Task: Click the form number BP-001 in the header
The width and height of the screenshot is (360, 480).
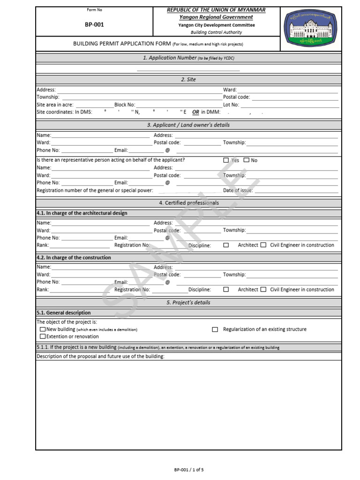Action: tap(94, 25)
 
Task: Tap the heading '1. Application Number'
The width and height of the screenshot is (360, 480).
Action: tap(169, 58)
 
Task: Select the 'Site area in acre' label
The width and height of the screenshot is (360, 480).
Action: tap(55, 105)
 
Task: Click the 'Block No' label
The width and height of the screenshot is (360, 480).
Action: tap(124, 105)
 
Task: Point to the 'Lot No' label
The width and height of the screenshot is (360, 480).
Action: tap(231, 105)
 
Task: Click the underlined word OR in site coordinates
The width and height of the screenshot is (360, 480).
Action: tap(195, 112)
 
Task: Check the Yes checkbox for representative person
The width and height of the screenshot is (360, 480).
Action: tap(226, 160)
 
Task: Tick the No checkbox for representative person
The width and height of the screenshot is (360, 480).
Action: tap(247, 160)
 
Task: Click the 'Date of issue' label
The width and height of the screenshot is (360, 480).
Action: tap(238, 190)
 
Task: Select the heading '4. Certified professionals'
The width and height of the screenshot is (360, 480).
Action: tap(188, 203)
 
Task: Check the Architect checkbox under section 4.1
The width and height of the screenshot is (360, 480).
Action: tap(226, 245)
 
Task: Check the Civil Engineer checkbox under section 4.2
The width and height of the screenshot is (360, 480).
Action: tap(263, 290)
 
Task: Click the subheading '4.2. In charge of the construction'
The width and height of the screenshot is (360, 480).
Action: tap(74, 258)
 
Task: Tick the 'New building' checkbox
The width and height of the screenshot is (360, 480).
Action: tap(43, 330)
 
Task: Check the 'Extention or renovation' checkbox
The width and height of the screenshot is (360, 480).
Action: tap(43, 337)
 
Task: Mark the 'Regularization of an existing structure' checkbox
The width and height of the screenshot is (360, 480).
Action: tap(215, 330)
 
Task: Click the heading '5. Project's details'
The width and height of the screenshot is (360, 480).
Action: tap(188, 303)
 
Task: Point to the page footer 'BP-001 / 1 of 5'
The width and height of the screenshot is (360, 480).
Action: tap(189, 470)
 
